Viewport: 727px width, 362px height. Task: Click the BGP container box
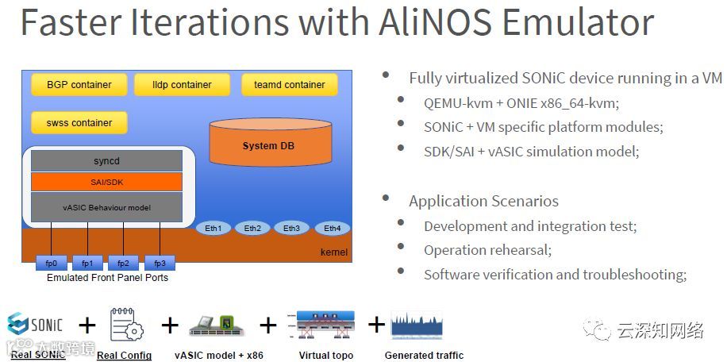click(79, 84)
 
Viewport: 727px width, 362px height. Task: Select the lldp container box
click(182, 84)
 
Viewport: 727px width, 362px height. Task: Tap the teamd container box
click(289, 84)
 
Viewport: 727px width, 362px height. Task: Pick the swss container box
click(79, 123)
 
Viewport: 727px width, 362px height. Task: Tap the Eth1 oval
click(213, 229)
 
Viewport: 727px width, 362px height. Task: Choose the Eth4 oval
click(332, 229)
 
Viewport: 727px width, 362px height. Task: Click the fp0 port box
click(52, 263)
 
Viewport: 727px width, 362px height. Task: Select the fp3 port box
click(159, 263)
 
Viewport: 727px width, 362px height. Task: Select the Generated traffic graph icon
click(417, 325)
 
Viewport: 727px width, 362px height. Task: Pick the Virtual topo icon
click(325, 325)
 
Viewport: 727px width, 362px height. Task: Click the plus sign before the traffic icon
click(376, 325)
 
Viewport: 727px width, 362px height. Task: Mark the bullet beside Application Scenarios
click(386, 198)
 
